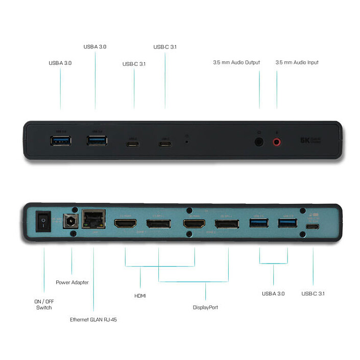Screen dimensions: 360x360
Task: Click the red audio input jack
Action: coord(277,141)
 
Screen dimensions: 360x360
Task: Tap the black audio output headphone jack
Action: coord(259,141)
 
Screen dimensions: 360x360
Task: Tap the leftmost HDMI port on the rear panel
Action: coord(125,224)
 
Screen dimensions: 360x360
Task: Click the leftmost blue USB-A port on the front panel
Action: coord(60,140)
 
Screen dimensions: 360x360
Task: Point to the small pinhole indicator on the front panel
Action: coord(186,140)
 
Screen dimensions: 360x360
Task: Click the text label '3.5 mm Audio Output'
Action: coord(236,62)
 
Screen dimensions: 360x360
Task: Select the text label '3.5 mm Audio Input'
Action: coord(297,62)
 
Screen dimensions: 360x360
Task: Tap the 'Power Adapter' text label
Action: coord(72,282)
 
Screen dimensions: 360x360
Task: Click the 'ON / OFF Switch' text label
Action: coord(43,304)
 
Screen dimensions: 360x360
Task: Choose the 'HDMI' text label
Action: coord(140,295)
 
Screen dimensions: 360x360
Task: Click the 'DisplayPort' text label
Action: coord(205,307)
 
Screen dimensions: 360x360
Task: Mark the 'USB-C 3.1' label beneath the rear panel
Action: coord(313,293)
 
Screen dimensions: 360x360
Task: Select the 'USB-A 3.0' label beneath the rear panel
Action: coord(273,293)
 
